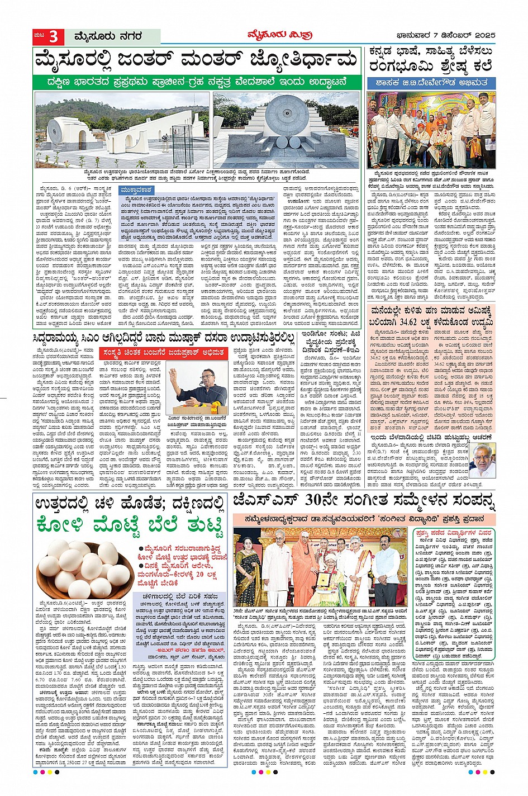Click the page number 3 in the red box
pyautogui.click(x=54, y=37)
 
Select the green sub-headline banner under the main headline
pyautogui.click(x=197, y=82)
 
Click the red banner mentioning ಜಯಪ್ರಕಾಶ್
pyautogui.click(x=162, y=353)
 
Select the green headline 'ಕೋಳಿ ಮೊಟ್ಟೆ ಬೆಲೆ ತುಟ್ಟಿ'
pyautogui.click(x=130, y=526)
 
